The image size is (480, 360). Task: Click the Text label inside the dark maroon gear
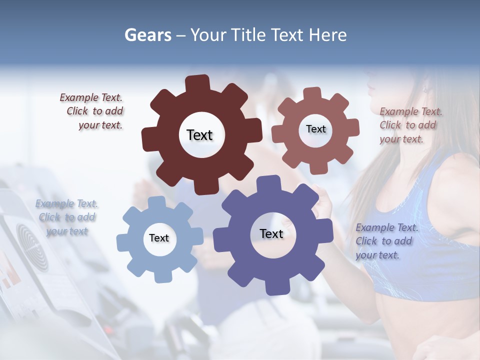pyautogui.click(x=199, y=135)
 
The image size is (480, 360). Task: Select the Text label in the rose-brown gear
pyautogui.click(x=315, y=129)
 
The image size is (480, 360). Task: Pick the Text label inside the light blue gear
pyautogui.click(x=159, y=238)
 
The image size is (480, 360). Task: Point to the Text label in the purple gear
pyautogui.click(x=271, y=233)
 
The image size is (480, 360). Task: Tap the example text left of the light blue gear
pyautogui.click(x=67, y=217)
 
